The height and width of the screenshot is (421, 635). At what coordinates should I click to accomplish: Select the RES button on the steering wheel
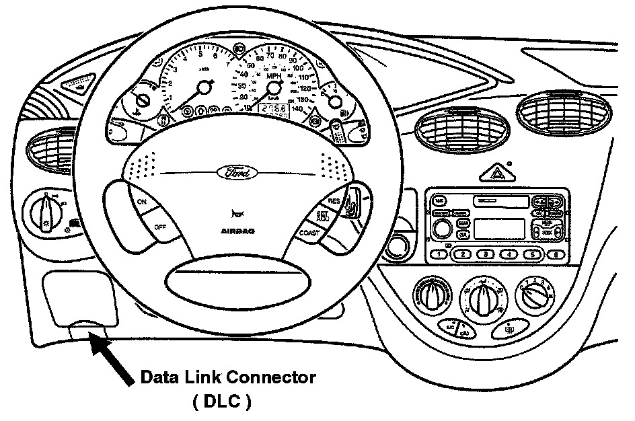[x=334, y=201]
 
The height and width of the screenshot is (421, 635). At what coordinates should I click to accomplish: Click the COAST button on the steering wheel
[x=310, y=233]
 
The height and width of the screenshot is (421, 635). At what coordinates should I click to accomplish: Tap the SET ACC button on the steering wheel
[x=323, y=217]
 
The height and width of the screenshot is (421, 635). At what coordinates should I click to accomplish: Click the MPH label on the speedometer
[x=273, y=77]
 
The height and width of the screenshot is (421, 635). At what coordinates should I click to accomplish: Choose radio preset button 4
[x=509, y=254]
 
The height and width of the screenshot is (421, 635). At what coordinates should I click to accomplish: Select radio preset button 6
[x=556, y=254]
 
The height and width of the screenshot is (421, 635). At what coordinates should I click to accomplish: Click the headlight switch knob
[x=46, y=213]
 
